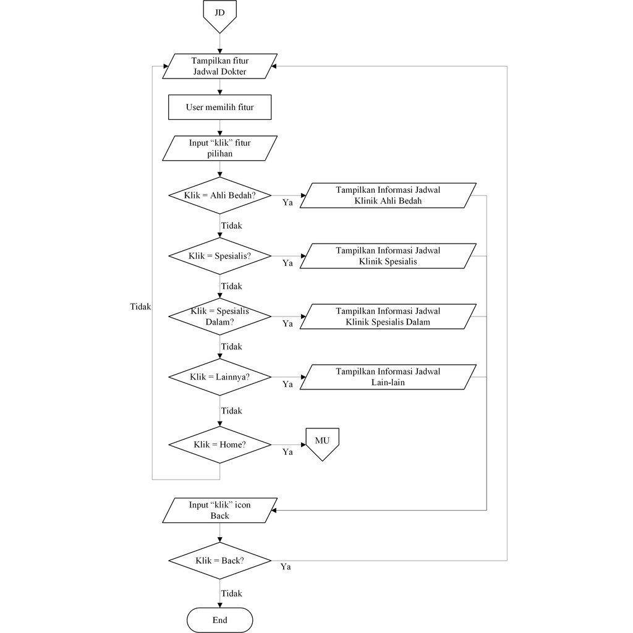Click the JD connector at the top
219,15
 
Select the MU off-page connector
322,444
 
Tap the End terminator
219,620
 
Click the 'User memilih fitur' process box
219,107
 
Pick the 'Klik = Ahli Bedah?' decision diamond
219,195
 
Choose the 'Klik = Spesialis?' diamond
219,256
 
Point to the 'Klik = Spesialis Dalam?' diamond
219,316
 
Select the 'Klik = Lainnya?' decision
219,377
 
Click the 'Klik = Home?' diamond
219,444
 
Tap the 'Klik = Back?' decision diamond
219,561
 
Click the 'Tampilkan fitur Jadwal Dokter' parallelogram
219,66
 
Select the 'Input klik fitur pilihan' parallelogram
219,148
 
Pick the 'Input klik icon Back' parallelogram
219,510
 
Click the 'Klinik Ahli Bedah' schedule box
388,195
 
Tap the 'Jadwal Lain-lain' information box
388,377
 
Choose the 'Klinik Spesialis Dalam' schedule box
388,316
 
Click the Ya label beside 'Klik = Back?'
286,567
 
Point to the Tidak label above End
231,593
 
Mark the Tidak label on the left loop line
140,307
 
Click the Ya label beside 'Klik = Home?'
287,452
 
